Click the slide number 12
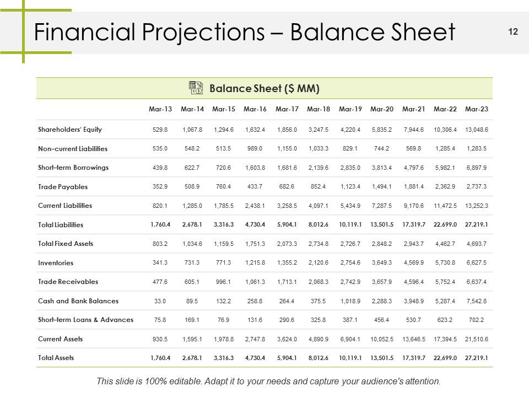pos(513,32)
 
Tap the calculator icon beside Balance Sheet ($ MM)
pos(196,88)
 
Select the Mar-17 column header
pos(287,109)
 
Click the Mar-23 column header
pos(476,109)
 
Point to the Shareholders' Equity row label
pos(70,130)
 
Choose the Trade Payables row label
pos(63,187)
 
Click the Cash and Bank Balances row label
pos(78,301)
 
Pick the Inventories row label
pos(56,262)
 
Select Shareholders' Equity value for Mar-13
pos(160,130)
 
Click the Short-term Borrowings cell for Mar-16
pos(255,168)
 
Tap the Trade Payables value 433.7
pos(255,187)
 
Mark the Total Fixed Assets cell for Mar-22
pos(445,244)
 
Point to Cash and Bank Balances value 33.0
pos(160,301)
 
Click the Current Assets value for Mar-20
pos(382,339)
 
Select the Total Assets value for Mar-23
pos(476,358)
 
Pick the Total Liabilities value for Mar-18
pos(318,225)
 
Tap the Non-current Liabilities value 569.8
pos(413,148)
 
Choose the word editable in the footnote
pos(183,381)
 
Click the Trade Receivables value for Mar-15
pos(223,282)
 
